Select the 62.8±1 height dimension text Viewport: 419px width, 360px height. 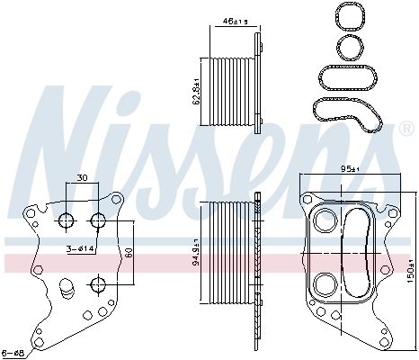195,90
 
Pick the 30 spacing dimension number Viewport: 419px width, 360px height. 83,177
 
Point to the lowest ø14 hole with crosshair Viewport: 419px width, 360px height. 98,284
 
